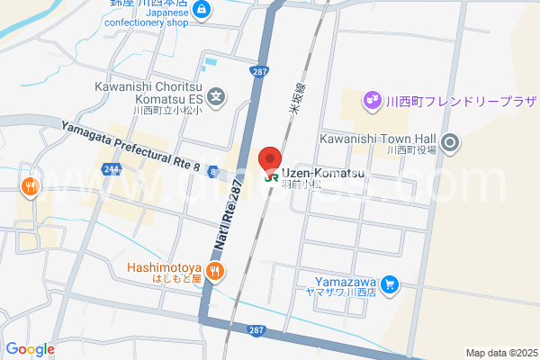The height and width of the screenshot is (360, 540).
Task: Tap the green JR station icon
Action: pyautogui.click(x=271, y=177)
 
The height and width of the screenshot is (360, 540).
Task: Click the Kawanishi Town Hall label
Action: pyautogui.click(x=378, y=139)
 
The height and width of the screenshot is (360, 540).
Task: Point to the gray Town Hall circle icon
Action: pyautogui.click(x=452, y=142)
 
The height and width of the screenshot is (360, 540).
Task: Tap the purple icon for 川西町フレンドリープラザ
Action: pyautogui.click(x=370, y=99)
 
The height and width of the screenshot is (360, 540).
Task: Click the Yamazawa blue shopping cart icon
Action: pyautogui.click(x=389, y=284)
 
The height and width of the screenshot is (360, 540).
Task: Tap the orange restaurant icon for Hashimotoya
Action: pyautogui.click(x=214, y=270)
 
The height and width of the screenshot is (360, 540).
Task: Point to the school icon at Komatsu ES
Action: pyautogui.click(x=216, y=94)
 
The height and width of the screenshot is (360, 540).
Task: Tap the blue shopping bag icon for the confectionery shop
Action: pyautogui.click(x=202, y=10)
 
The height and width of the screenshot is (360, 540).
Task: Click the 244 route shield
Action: pyautogui.click(x=112, y=168)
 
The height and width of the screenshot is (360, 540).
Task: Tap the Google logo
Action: pyautogui.click(x=30, y=349)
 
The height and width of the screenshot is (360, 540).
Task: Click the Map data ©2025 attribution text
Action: pyautogui.click(x=499, y=353)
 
